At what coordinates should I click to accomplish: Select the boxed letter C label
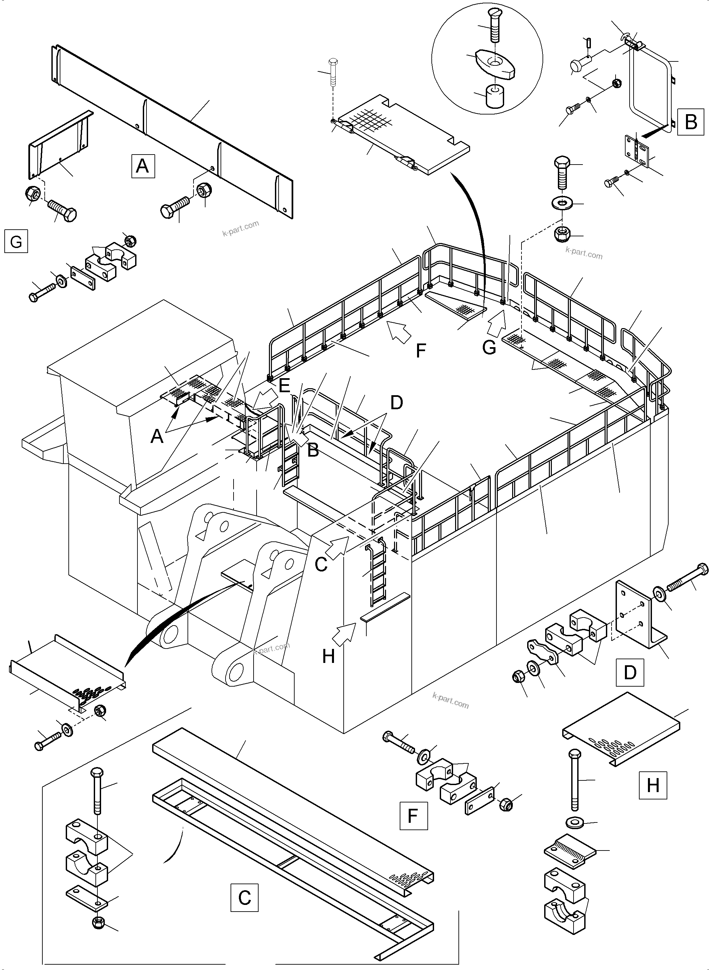coord(244,897)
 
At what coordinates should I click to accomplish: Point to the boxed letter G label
coord(16,241)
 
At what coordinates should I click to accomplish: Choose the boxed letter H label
coord(653,785)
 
